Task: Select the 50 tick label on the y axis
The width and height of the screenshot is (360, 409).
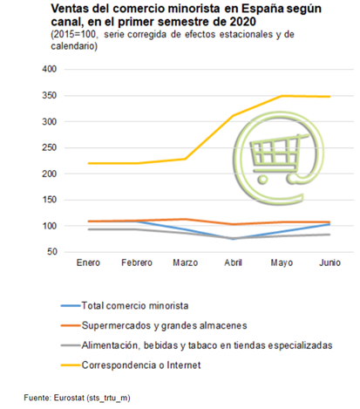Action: [x=51, y=252]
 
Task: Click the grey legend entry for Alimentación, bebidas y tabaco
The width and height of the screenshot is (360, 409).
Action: [x=206, y=345]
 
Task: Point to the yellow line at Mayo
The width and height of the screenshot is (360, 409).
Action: [x=282, y=96]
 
